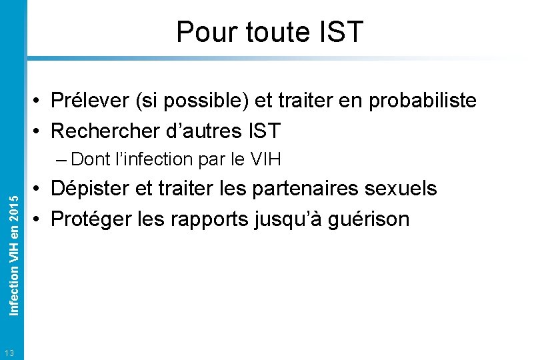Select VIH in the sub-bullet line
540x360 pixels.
click(265, 159)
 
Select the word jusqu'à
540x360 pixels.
click(289, 218)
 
